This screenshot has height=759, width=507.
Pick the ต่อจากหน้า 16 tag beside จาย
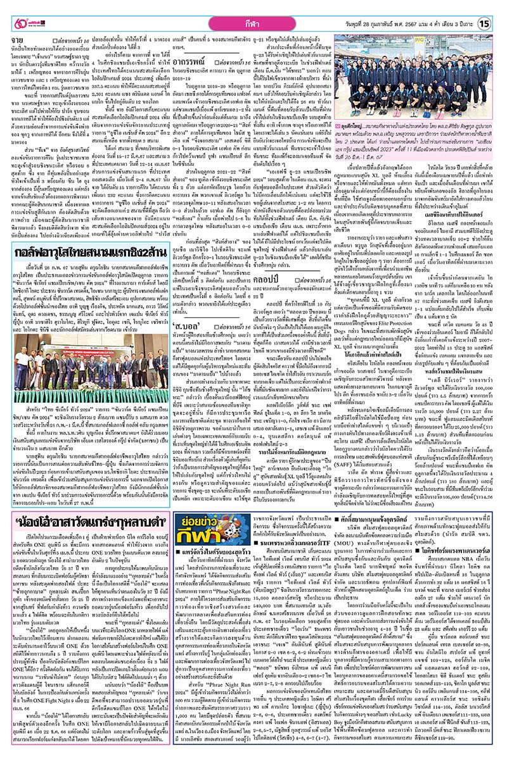click(73, 41)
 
